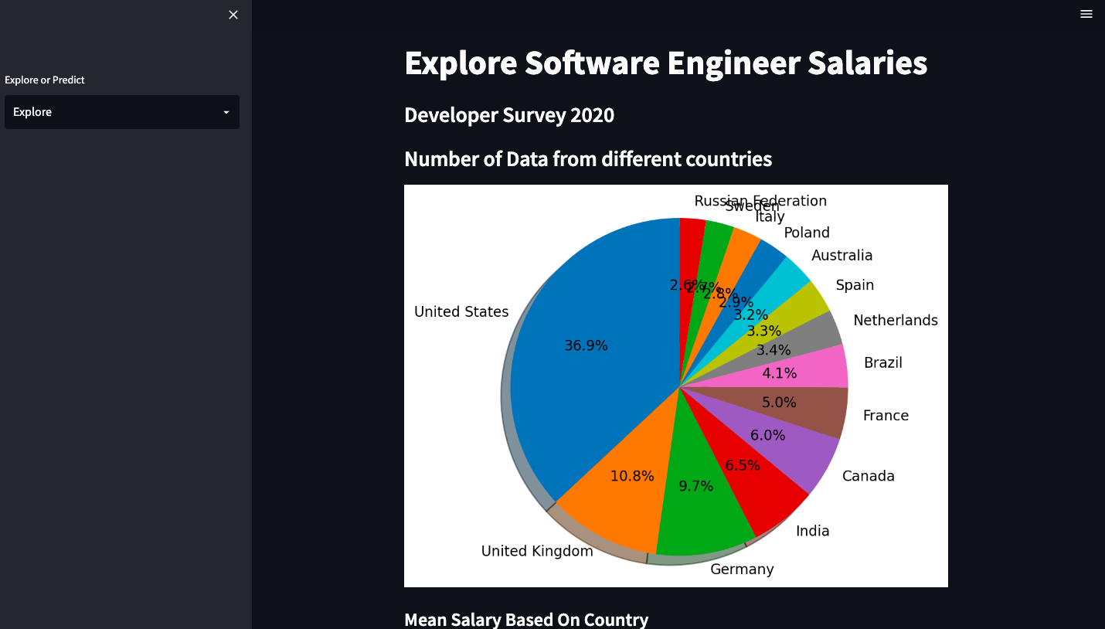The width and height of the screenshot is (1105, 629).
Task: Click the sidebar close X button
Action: pos(233,15)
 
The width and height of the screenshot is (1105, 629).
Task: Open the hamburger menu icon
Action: pos(1086,14)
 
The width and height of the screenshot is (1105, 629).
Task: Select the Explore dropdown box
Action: pos(121,112)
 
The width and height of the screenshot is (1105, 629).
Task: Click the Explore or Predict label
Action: pos(45,80)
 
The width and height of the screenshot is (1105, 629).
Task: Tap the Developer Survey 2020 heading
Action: pos(509,115)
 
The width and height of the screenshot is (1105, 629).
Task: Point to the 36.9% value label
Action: pos(586,345)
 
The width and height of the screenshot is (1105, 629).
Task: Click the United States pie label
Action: pos(461,311)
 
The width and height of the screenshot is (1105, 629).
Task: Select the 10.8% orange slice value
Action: pos(632,476)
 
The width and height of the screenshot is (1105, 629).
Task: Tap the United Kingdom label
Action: pos(537,551)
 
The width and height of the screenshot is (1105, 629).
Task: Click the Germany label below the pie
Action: pos(742,569)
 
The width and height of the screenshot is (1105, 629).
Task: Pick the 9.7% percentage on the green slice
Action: pos(695,486)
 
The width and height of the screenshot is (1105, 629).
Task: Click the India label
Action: pos(812,531)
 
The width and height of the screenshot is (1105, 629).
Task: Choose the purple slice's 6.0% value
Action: pos(767,435)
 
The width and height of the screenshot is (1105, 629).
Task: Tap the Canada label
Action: pos(868,476)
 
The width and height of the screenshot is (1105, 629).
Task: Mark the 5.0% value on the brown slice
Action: pos(779,403)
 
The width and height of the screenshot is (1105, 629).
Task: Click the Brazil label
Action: pos(882,363)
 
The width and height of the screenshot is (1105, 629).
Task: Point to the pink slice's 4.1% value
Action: pos(779,373)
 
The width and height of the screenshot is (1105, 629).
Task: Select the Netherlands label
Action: pos(895,320)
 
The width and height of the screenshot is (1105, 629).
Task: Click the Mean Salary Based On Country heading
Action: pos(526,620)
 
